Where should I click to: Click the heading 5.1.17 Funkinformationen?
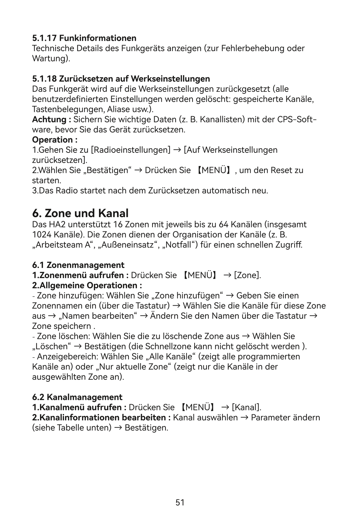(84, 38)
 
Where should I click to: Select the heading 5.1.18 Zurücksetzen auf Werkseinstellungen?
(121, 79)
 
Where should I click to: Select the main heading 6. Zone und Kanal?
(80, 213)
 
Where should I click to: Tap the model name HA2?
(56, 224)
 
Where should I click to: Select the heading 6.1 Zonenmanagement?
(78, 265)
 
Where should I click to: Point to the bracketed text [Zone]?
(247, 275)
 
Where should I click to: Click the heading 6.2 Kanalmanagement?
(77, 397)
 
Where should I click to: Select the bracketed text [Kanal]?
(246, 407)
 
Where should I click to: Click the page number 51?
(180, 502)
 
